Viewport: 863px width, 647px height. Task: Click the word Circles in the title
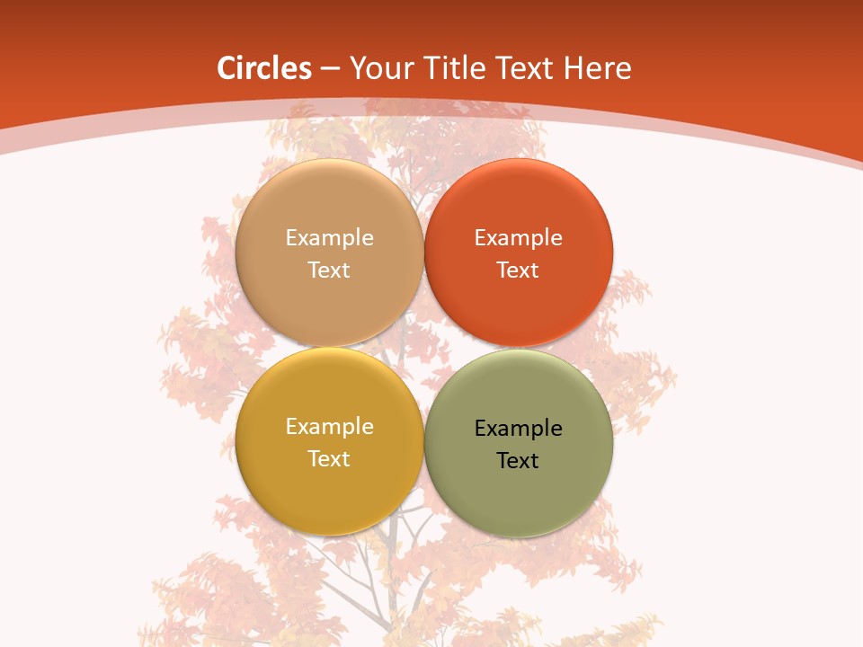[x=264, y=68]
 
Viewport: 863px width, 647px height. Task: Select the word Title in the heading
[x=455, y=68]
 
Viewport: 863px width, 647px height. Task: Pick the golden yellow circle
[x=329, y=490]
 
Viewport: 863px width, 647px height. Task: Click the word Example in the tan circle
[x=329, y=238]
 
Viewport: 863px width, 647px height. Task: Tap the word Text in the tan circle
[x=329, y=270]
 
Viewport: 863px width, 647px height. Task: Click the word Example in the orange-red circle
[x=519, y=238]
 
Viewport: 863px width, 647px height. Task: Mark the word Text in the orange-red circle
[x=519, y=270]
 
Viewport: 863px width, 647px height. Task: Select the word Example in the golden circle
[x=329, y=427]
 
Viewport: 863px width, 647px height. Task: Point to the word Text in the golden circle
[x=329, y=459]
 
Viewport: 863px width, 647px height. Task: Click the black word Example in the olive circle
[x=519, y=429]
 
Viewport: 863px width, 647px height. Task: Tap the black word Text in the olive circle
[x=519, y=461]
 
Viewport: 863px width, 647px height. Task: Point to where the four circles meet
[x=424, y=348]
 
